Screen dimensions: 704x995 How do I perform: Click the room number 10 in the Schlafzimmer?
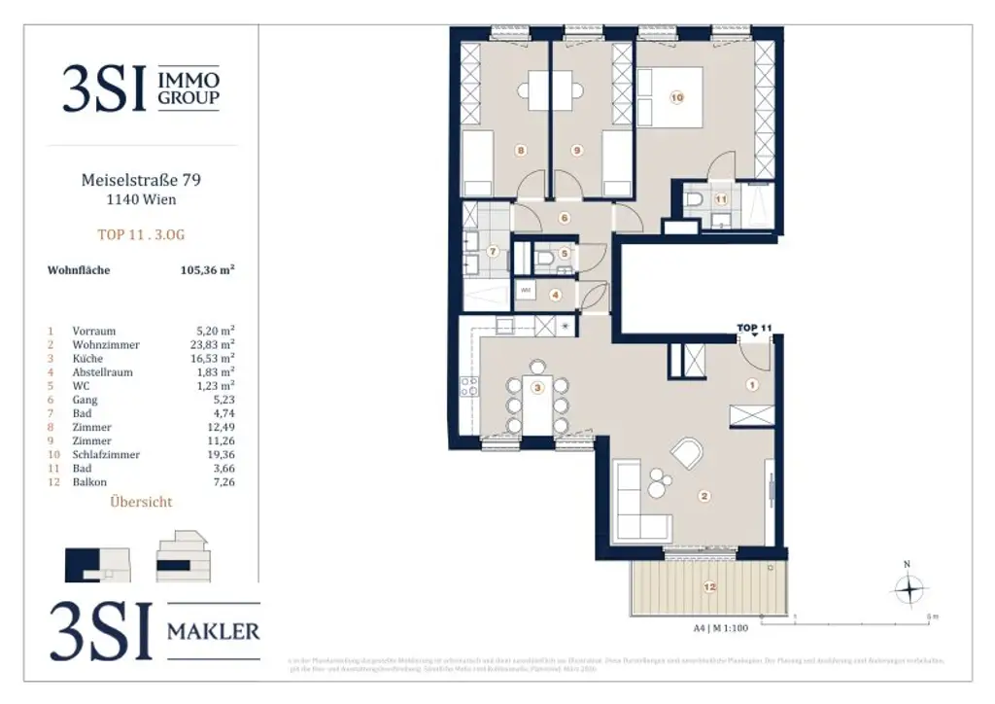click(677, 97)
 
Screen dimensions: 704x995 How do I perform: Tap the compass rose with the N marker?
click(908, 588)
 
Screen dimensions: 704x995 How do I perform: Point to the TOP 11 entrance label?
click(754, 328)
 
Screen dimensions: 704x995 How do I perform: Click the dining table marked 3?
click(536, 397)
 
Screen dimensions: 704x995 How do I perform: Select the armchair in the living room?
click(689, 453)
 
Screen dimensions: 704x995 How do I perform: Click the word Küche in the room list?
click(88, 358)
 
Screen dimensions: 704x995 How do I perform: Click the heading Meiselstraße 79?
click(142, 180)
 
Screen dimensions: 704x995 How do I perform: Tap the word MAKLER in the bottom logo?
click(213, 631)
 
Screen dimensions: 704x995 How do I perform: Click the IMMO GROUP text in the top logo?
click(189, 88)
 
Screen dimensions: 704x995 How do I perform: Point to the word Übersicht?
click(142, 502)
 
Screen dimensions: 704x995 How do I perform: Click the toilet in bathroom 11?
click(695, 201)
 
